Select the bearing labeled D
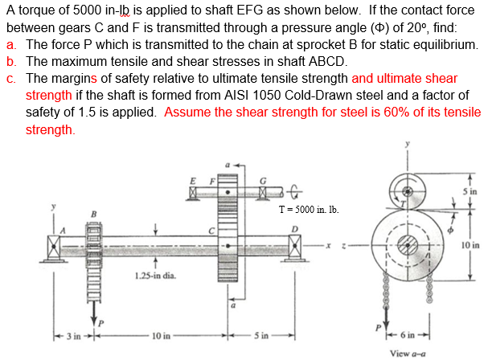[x=295, y=241]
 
